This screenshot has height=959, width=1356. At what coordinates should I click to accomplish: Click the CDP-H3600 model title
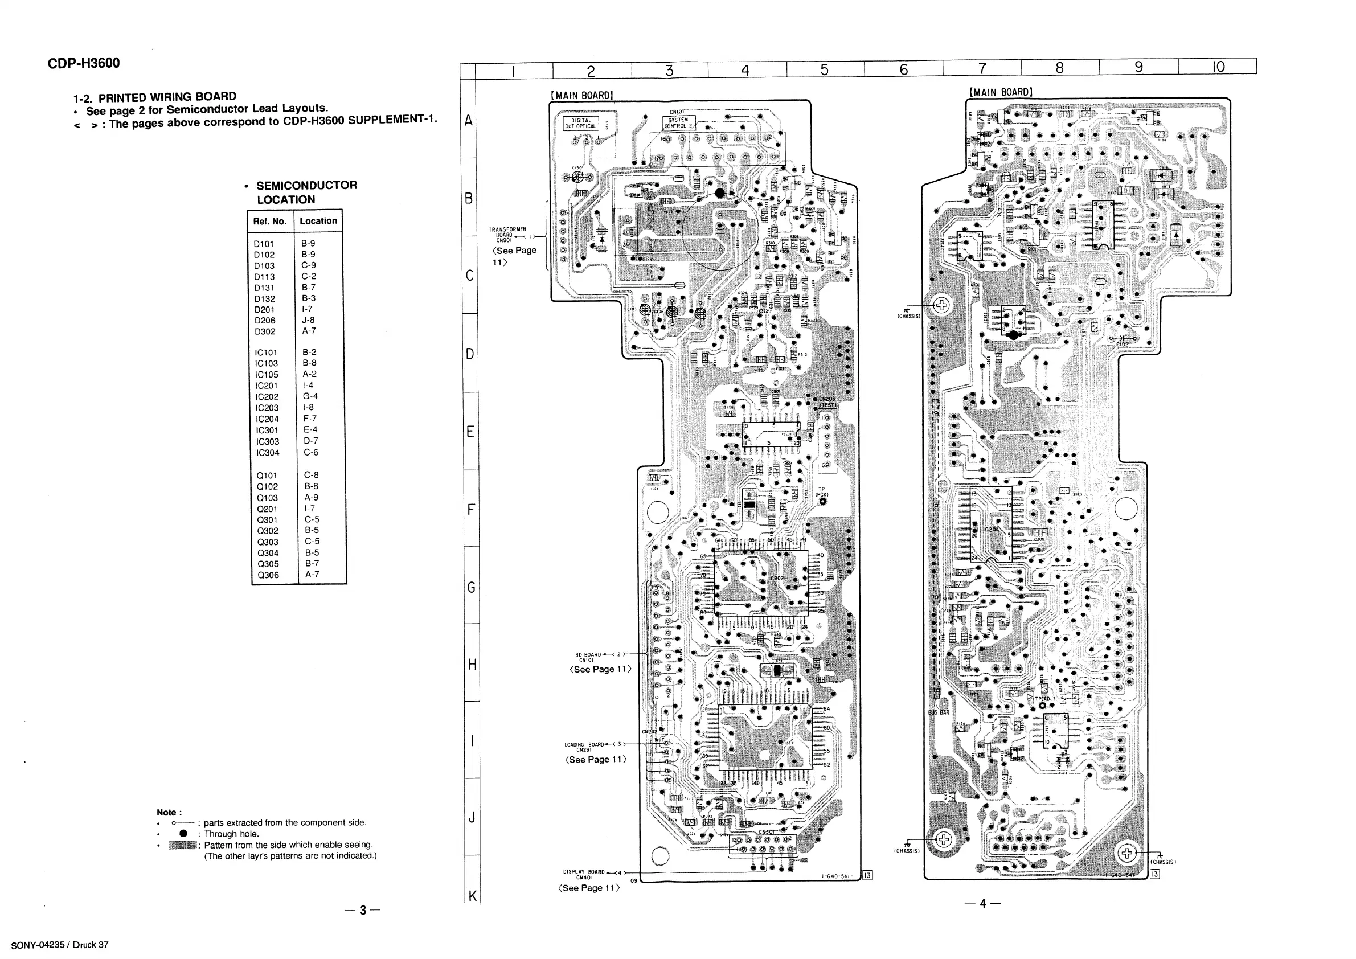tap(83, 63)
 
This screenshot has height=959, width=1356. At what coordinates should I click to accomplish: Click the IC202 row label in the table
tap(267, 397)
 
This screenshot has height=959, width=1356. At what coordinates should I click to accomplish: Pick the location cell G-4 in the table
tap(310, 396)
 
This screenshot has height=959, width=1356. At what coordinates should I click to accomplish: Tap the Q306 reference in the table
tap(268, 575)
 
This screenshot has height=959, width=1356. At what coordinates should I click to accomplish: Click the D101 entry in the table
tap(264, 244)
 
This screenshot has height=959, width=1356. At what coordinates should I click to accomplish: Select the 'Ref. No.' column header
tap(270, 222)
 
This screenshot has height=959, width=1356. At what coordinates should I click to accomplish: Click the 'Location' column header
tap(318, 221)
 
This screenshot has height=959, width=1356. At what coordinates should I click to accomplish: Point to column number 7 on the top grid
tap(982, 68)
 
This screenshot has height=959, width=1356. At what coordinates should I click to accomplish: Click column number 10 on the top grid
tap(1218, 67)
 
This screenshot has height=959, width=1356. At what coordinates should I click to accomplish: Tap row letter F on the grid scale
tap(471, 509)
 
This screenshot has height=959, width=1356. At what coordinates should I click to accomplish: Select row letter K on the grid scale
tap(472, 896)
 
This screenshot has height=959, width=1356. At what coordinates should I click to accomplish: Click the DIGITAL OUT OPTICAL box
tap(581, 124)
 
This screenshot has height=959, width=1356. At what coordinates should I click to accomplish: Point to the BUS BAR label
tap(939, 713)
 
